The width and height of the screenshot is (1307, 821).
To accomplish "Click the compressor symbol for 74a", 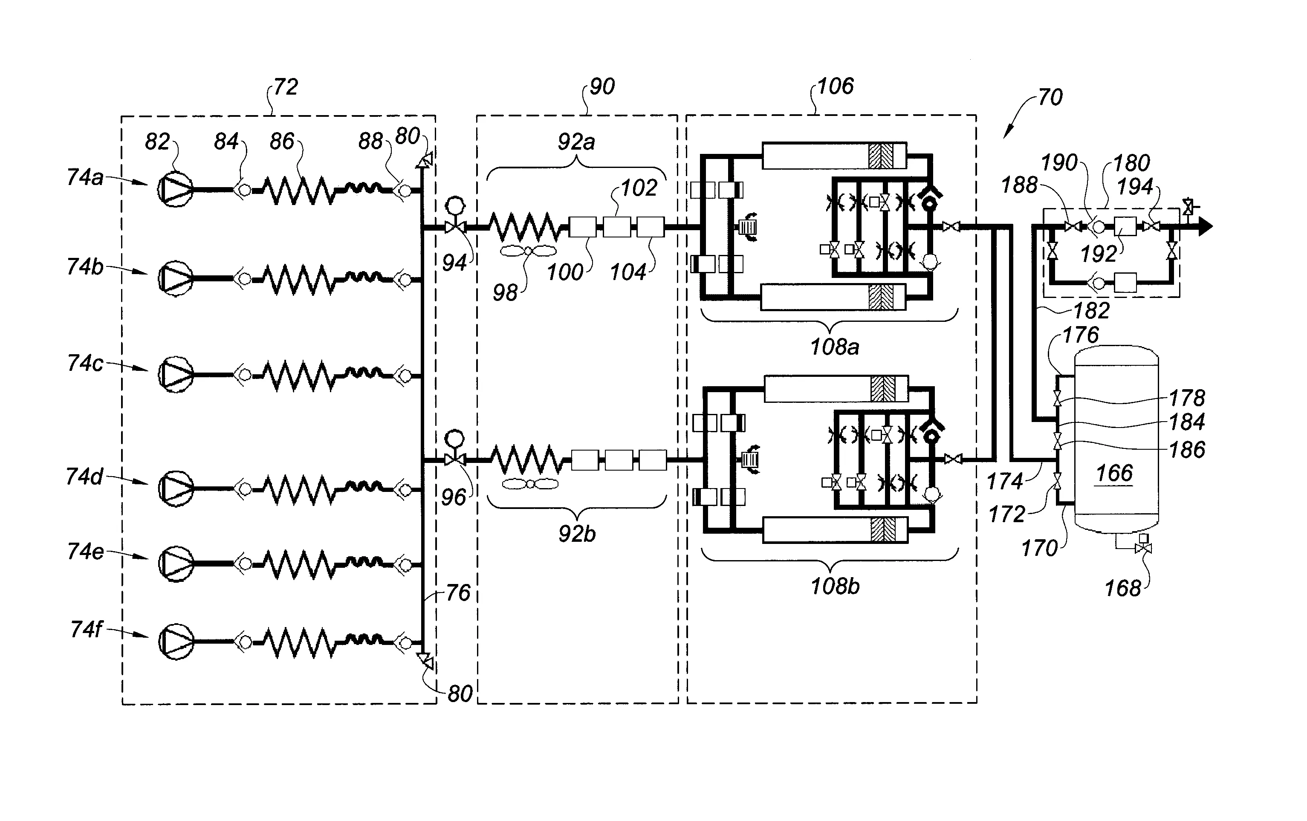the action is click(175, 189).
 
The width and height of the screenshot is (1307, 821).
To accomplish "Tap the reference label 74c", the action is click(85, 363).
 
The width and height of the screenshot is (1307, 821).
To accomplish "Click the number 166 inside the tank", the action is click(1114, 473).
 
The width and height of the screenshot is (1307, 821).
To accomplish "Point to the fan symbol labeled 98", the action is click(529, 251).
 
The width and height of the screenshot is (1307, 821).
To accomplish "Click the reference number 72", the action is click(286, 87).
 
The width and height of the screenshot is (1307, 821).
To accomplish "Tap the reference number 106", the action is click(836, 86).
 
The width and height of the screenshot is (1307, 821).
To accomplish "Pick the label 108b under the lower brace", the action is click(835, 586).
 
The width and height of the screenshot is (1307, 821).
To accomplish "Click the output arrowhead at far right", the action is click(1206, 226).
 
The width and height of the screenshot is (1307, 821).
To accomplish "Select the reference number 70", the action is click(1050, 97).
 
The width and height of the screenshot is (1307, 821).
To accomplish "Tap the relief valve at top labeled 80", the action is click(426, 159).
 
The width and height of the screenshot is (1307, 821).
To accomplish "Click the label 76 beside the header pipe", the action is click(458, 593).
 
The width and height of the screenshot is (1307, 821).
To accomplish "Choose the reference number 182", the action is click(1092, 310).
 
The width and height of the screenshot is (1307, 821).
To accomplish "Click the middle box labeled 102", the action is click(617, 227).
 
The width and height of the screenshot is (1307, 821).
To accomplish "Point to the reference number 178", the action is click(1187, 398).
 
